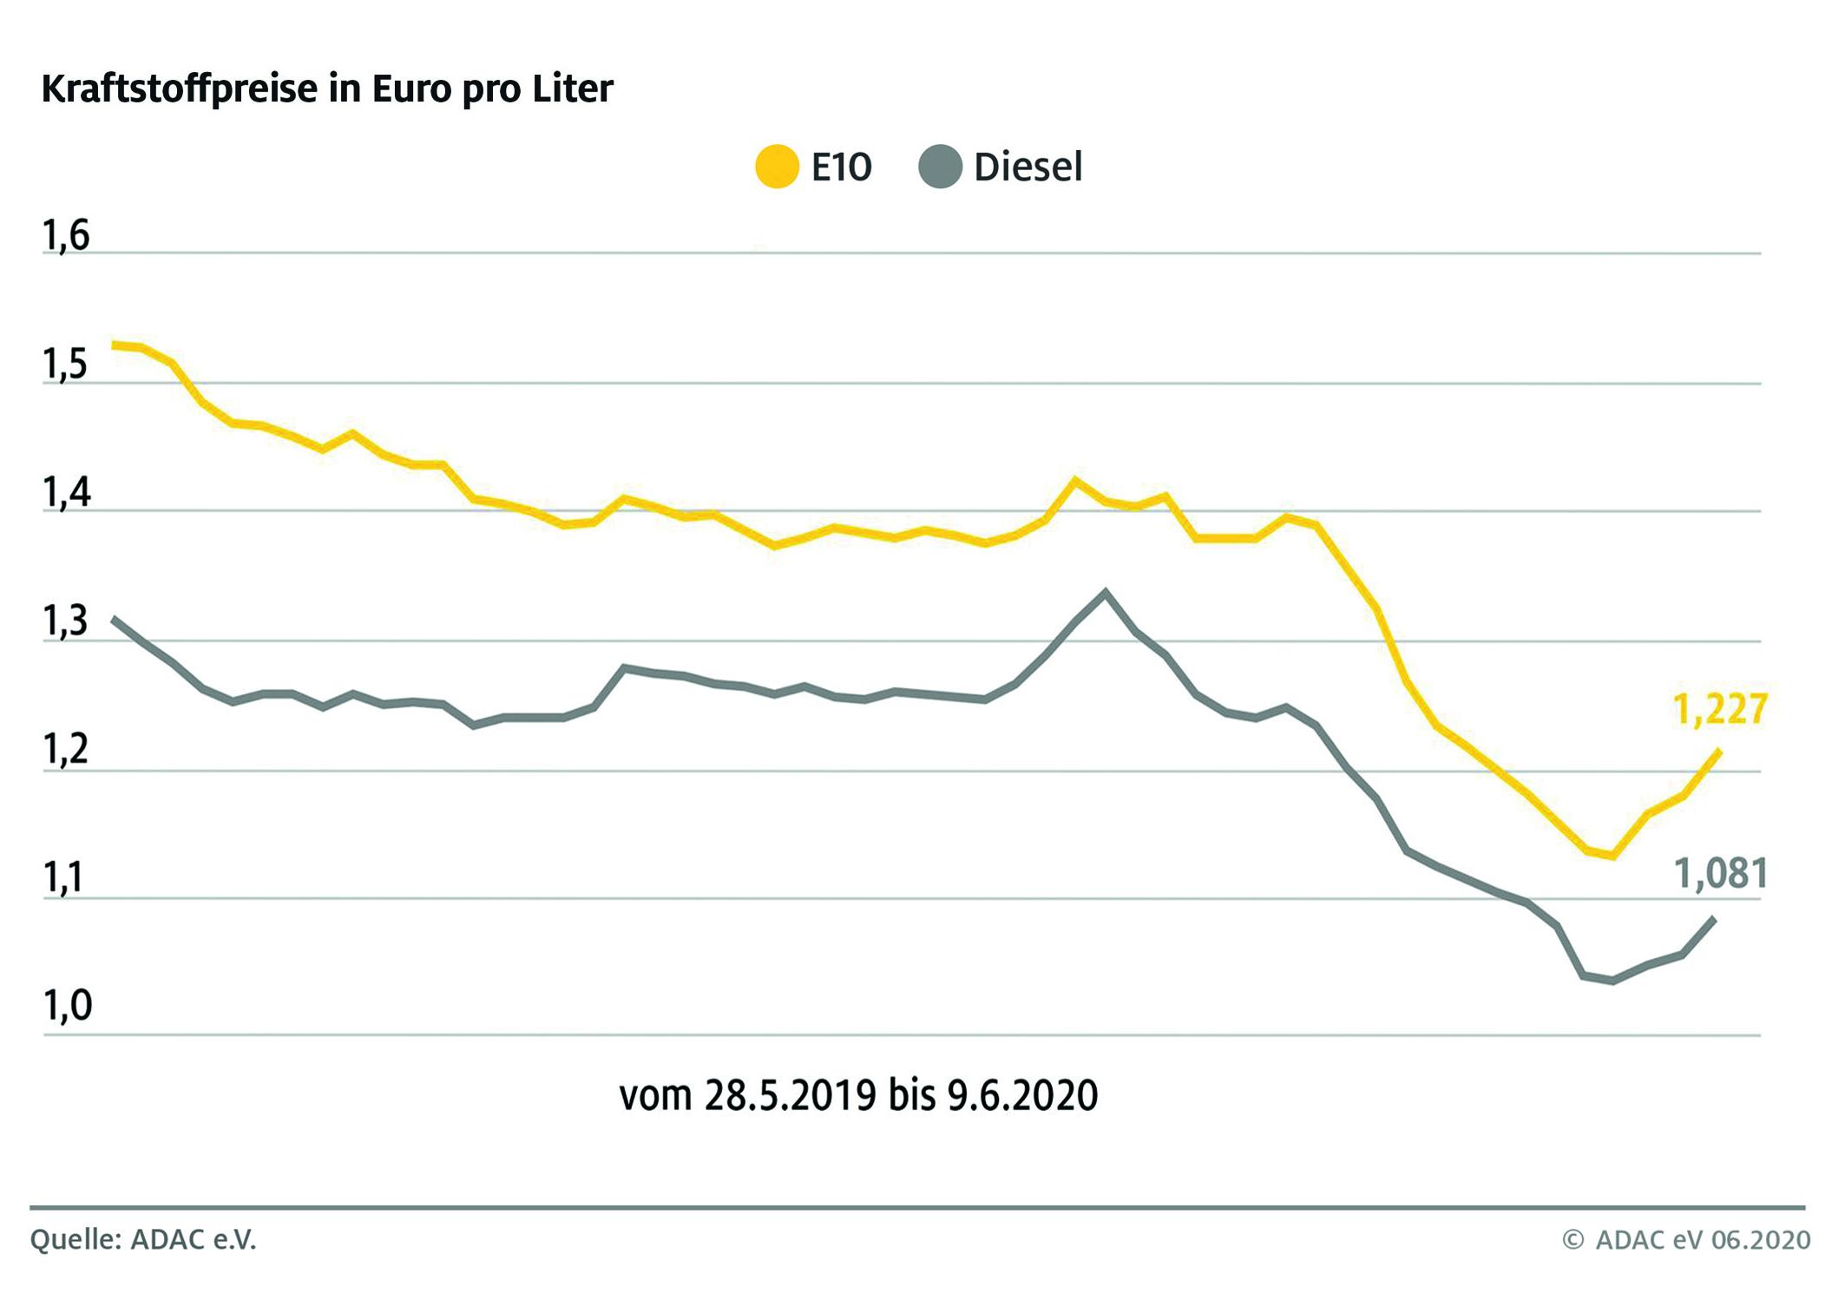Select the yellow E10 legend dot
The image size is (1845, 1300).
(x=777, y=167)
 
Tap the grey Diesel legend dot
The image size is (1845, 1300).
(x=940, y=167)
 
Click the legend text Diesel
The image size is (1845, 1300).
(x=1028, y=167)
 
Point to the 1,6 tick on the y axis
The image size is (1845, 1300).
(x=66, y=236)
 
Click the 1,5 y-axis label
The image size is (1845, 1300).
(x=66, y=365)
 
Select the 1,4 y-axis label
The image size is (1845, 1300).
(x=66, y=493)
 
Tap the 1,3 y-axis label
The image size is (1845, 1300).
(x=66, y=622)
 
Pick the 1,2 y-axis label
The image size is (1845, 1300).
(x=66, y=750)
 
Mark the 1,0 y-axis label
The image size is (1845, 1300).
(x=66, y=1006)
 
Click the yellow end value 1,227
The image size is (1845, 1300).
(x=1719, y=709)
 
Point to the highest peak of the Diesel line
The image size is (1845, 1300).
(x=1105, y=592)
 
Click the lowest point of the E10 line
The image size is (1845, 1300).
(x=1612, y=856)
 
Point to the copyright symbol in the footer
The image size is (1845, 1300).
(x=1573, y=1240)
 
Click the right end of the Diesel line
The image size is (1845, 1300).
(x=1714, y=918)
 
